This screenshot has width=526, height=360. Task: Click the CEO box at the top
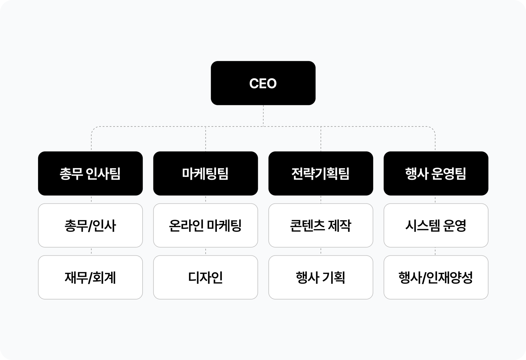[x=263, y=83]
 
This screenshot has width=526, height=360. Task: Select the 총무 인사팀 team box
[x=90, y=173]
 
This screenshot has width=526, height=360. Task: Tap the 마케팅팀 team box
[x=205, y=173]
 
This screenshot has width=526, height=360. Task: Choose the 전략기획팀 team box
[x=320, y=173]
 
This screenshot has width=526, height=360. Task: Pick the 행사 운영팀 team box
[x=436, y=173]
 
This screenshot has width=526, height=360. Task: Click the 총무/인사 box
[x=90, y=225]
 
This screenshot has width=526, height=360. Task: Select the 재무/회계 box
[x=90, y=277]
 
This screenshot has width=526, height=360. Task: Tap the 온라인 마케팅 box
[x=205, y=225]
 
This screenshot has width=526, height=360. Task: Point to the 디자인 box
[x=205, y=277]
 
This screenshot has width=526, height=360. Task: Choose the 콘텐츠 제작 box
[x=320, y=225]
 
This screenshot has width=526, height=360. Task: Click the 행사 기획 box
[x=320, y=277]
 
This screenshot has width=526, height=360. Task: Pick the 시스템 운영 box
[x=436, y=225]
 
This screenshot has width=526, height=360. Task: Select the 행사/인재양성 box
[x=436, y=277]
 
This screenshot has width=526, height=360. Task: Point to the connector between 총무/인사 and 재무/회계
[x=91, y=251]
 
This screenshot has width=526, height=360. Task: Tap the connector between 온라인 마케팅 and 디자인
[x=206, y=251]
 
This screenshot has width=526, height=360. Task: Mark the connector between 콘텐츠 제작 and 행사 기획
[x=321, y=251]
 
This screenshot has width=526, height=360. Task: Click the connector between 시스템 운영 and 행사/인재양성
[x=435, y=251]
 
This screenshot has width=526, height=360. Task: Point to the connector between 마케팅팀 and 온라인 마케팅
[x=206, y=199]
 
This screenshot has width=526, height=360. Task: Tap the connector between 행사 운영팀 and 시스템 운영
[x=435, y=199]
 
